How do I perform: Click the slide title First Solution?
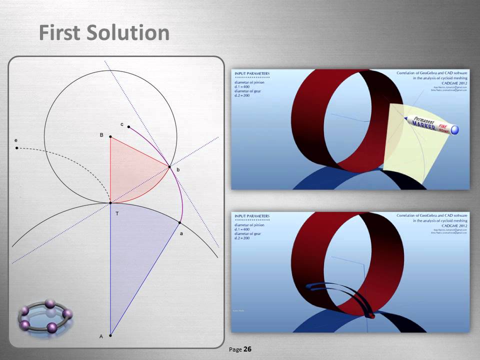point(104,33)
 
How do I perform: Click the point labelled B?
point(110,136)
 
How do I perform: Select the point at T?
point(110,203)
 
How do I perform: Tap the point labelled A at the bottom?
point(110,335)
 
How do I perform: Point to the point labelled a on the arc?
point(179,222)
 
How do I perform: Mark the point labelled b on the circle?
point(169,167)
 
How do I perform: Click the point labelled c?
point(128,126)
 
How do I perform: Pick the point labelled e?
point(17,148)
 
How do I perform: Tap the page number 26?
point(247,349)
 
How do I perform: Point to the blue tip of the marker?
point(454,130)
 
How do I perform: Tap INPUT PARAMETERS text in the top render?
point(252,73)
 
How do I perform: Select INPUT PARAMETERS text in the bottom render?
point(252,215)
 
